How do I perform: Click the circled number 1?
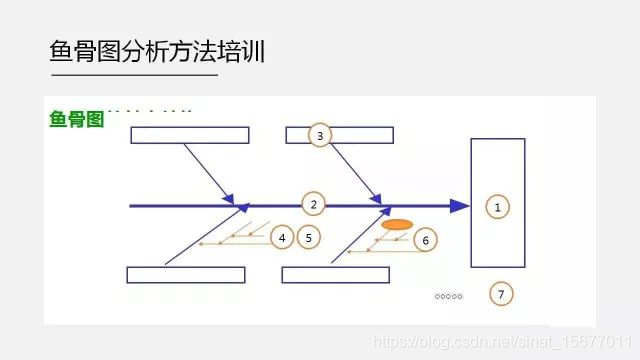click(x=497, y=206)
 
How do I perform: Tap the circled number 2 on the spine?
click(x=313, y=205)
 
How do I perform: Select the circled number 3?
click(x=319, y=135)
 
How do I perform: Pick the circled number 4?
click(x=283, y=237)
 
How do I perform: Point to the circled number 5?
click(x=309, y=237)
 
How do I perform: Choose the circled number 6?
click(x=424, y=240)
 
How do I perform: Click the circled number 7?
click(x=502, y=294)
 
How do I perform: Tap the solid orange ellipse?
click(x=397, y=225)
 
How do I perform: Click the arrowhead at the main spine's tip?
click(x=459, y=206)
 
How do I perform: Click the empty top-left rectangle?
click(x=189, y=135)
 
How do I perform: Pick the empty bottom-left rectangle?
click(x=186, y=275)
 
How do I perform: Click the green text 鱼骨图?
click(x=76, y=119)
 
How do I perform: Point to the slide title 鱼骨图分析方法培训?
click(x=157, y=51)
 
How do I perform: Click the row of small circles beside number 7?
click(x=449, y=296)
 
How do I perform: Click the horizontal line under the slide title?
click(x=133, y=74)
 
